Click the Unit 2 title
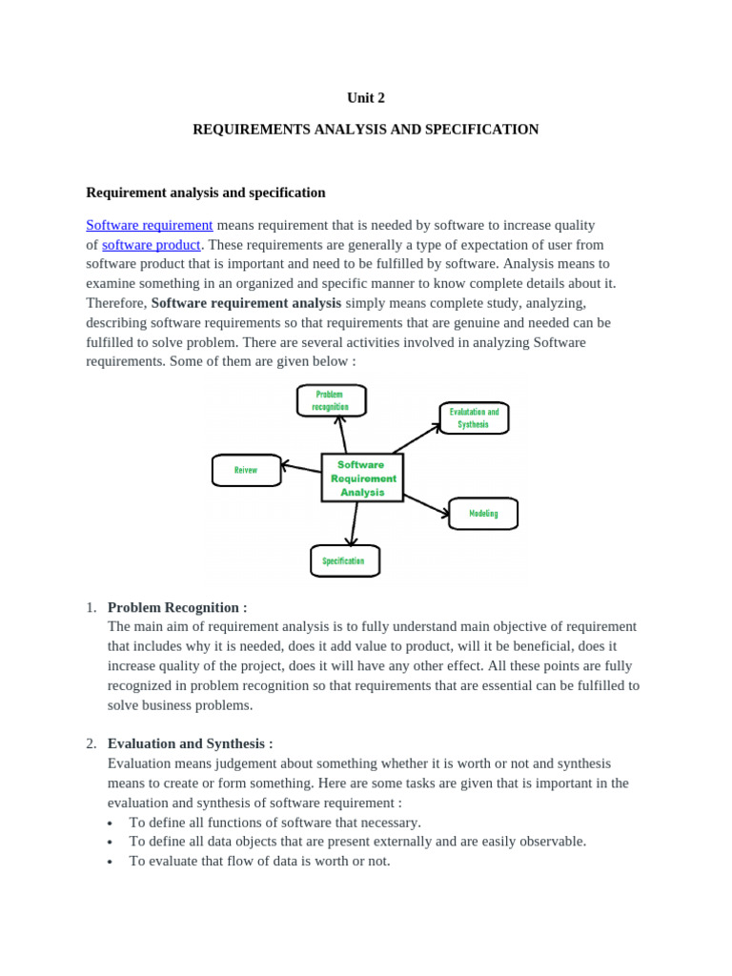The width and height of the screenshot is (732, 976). [366, 98]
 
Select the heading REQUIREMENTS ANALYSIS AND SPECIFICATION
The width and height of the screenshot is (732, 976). [366, 130]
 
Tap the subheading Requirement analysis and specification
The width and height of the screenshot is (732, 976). [206, 193]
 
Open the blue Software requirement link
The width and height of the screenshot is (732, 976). [150, 225]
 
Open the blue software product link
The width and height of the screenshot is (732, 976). [152, 245]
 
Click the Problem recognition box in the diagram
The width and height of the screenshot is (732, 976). [331, 400]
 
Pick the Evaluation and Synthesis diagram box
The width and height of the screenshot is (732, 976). [474, 418]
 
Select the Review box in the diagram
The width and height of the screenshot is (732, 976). [246, 470]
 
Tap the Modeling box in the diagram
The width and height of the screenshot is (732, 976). [483, 514]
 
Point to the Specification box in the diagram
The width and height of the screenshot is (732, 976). [344, 561]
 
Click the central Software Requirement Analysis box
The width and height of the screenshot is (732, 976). [362, 478]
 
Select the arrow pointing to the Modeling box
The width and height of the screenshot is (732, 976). [426, 505]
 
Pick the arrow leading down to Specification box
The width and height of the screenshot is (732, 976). [354, 523]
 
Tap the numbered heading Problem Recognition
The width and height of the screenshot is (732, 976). [177, 607]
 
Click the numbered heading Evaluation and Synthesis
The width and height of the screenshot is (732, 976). [190, 743]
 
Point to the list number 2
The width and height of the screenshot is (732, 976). [91, 743]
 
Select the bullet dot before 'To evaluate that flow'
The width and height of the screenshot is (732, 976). [111, 862]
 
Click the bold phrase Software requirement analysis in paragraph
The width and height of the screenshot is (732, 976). [246, 303]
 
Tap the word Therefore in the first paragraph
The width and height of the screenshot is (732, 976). [116, 303]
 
